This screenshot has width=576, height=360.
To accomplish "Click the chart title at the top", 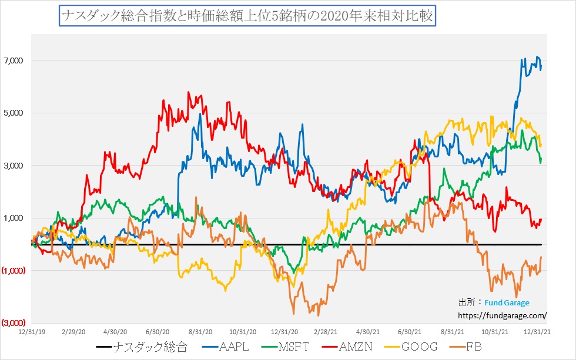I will point(246,16).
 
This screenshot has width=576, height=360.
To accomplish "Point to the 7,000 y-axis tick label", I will point(13,60).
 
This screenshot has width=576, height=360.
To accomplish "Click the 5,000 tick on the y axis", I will point(13,113).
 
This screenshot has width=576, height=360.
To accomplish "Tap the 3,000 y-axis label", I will point(13,166).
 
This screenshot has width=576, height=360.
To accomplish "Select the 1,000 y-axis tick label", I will point(13,218).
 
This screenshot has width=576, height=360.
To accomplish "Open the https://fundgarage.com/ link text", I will point(502,315).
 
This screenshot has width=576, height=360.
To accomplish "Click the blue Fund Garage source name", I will point(507,302).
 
